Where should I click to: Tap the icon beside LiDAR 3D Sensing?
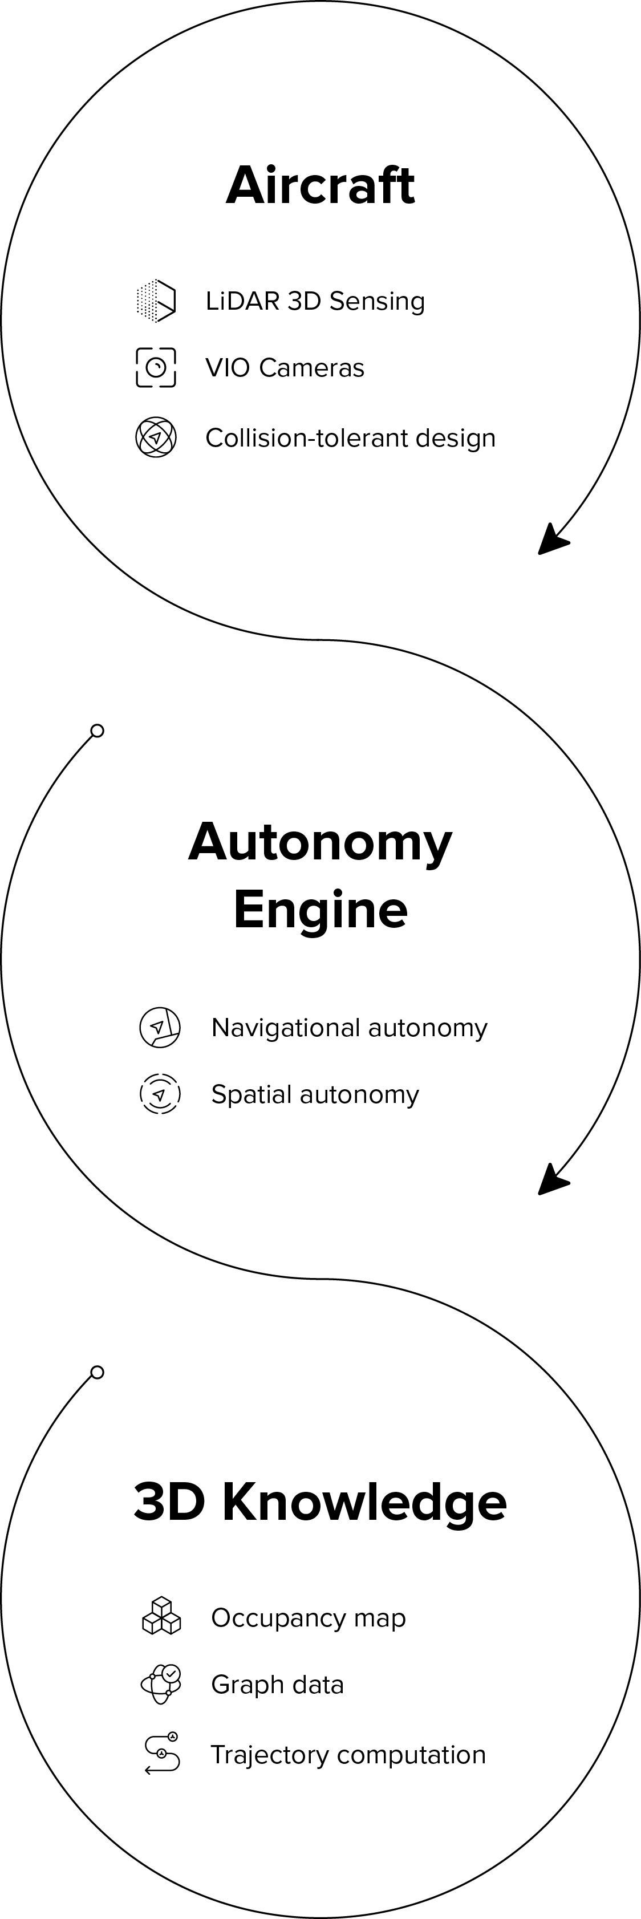(156, 301)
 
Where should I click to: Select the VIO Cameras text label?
(285, 368)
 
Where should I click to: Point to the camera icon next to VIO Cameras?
(156, 367)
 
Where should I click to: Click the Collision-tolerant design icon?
(156, 437)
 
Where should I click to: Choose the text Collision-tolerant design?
(350, 438)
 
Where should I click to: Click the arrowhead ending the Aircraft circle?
(551, 540)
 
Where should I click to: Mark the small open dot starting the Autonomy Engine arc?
(97, 731)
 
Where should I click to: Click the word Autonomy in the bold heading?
(320, 842)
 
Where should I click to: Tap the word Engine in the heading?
(320, 910)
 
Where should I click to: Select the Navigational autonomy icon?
(160, 1027)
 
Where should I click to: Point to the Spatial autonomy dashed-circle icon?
(160, 1094)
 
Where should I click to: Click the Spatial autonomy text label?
(315, 1094)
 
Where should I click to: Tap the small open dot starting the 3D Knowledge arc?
(97, 1372)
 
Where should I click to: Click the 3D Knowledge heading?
(320, 1501)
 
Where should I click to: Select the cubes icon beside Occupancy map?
(161, 1617)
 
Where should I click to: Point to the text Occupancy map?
(308, 1618)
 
